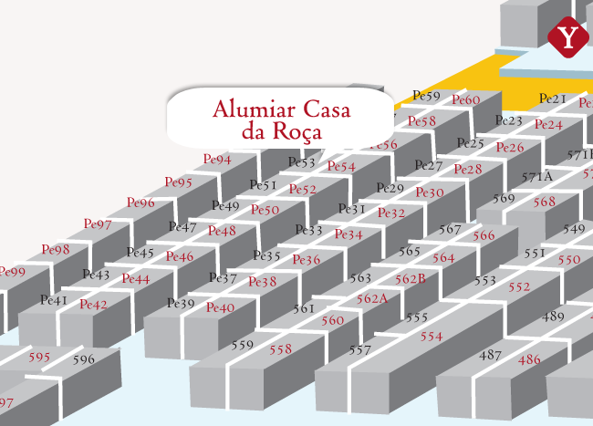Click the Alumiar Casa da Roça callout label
(x=282, y=119)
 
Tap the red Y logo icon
(x=569, y=37)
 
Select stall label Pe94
(x=217, y=160)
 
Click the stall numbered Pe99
(x=12, y=272)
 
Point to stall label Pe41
(x=54, y=300)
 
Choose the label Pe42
(x=93, y=305)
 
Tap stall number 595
(x=39, y=357)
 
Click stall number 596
(x=83, y=359)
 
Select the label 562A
(x=372, y=298)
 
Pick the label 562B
(x=411, y=278)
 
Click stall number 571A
(x=537, y=176)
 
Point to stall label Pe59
(x=427, y=96)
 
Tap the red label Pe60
(x=465, y=100)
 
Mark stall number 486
(x=529, y=359)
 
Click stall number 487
(x=491, y=355)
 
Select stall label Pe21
(x=553, y=99)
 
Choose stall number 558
(x=281, y=349)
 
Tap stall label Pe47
(x=182, y=226)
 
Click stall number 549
(x=574, y=228)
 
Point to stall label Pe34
(x=349, y=234)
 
